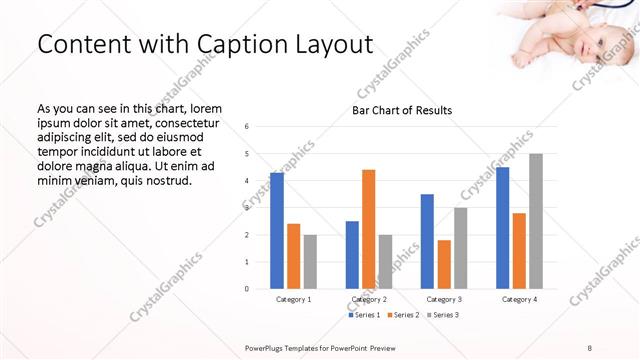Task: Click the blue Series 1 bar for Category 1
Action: point(277,231)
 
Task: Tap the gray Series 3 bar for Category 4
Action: point(536,221)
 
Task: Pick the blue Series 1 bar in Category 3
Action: point(427,241)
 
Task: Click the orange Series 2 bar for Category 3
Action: point(444,264)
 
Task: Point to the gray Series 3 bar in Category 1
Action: point(310,262)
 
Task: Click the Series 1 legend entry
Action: point(365,315)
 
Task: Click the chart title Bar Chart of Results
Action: point(402,110)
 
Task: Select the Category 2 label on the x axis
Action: point(370,299)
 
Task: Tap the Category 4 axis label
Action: point(519,299)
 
